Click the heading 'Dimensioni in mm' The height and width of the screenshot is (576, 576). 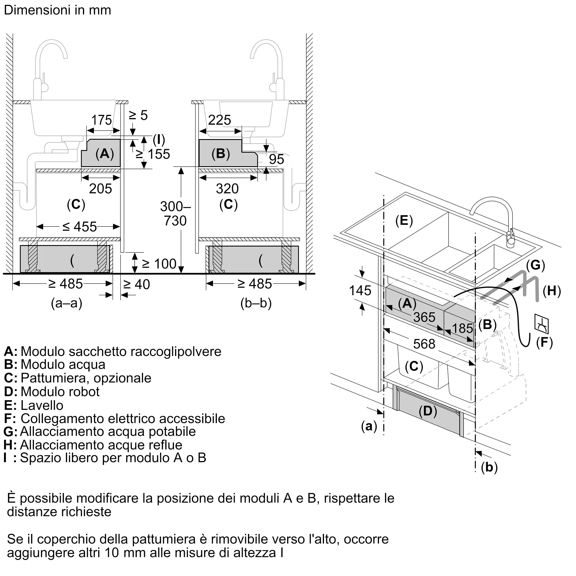(x=58, y=10)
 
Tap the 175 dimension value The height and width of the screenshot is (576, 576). (x=101, y=120)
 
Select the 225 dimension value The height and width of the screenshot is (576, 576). (x=219, y=120)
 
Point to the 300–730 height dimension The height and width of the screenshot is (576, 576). (x=175, y=214)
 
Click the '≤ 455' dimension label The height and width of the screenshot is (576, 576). (x=79, y=227)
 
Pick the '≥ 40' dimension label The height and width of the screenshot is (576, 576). (x=137, y=285)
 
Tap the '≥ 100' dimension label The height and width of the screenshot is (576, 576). (x=159, y=264)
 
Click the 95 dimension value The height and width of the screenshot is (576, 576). (x=276, y=159)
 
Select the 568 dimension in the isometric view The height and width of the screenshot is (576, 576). (x=424, y=344)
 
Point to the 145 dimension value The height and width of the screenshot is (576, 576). (x=360, y=291)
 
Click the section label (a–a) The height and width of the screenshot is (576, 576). (x=67, y=303)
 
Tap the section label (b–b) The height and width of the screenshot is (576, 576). (x=256, y=303)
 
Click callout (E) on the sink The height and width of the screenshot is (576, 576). (x=404, y=221)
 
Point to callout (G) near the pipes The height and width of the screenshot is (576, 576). (x=535, y=265)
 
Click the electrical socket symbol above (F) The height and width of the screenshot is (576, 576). (x=542, y=323)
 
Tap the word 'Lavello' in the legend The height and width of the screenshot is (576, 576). (x=42, y=406)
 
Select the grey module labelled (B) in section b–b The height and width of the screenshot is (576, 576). (x=228, y=153)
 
